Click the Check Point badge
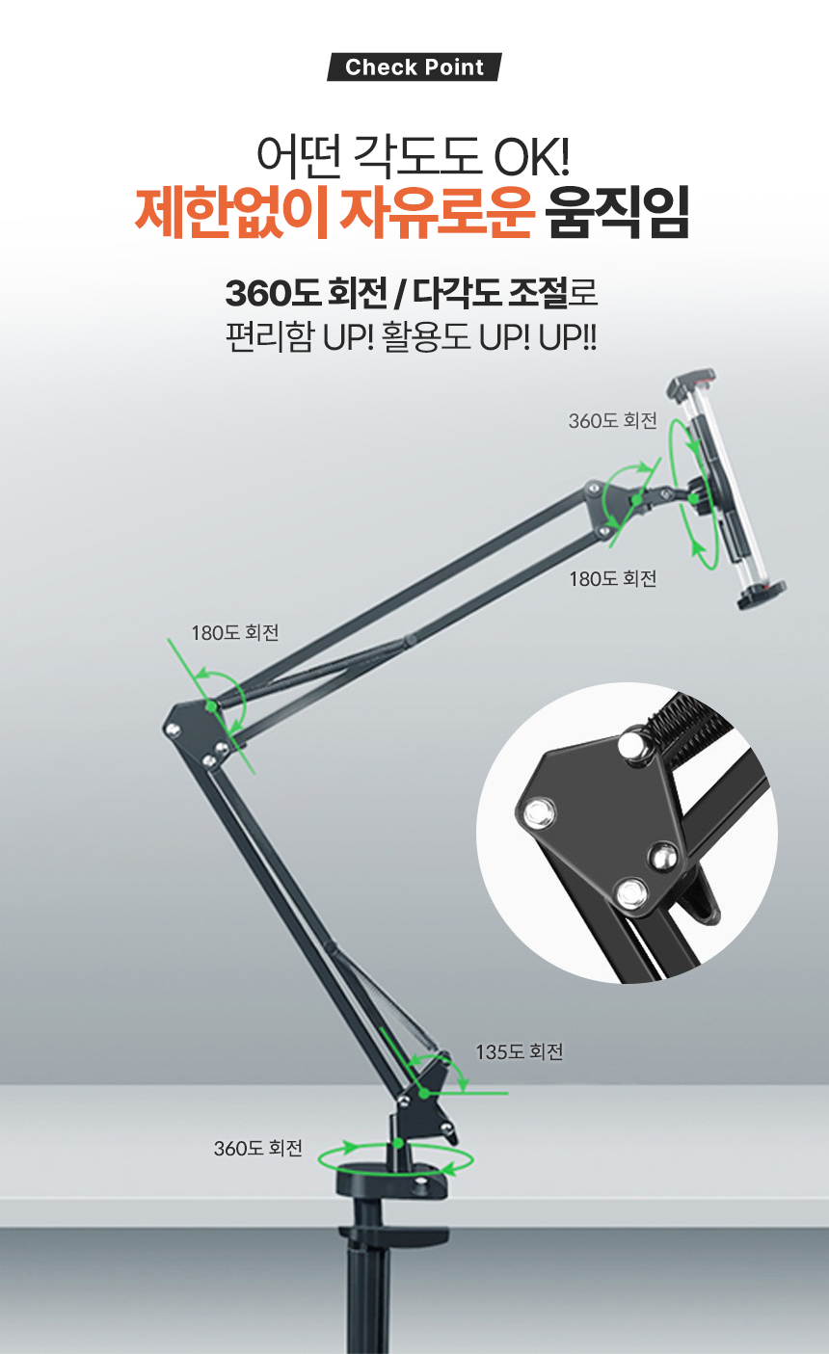click(414, 66)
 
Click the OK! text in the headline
click(532, 156)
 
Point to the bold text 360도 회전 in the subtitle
click(306, 294)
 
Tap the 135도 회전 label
click(520, 1052)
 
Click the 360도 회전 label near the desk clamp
click(257, 1149)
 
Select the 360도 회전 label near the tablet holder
click(612, 421)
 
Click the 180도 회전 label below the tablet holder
click(612, 579)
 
